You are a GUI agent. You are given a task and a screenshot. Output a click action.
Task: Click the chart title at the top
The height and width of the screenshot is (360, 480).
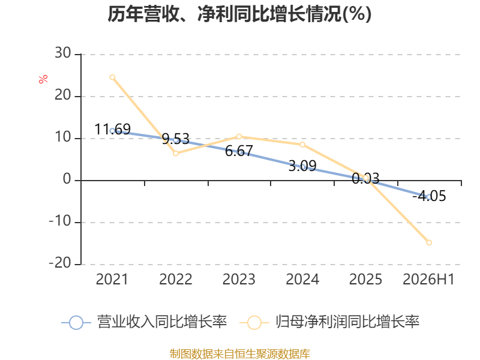(239, 14)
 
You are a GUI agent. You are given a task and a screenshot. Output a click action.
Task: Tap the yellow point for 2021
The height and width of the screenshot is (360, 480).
(112, 77)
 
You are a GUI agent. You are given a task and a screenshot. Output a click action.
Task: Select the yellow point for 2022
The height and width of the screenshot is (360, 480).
(176, 153)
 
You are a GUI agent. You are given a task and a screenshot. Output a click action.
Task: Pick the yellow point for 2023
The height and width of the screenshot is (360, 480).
(239, 137)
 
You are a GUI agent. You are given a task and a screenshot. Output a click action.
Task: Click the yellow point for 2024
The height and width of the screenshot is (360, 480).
(302, 145)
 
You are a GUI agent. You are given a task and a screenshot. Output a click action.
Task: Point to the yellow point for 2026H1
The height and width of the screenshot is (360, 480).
(429, 242)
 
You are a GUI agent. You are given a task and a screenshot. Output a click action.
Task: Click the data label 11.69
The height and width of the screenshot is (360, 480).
(113, 129)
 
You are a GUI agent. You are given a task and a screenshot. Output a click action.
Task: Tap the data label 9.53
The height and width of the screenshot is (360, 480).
(176, 139)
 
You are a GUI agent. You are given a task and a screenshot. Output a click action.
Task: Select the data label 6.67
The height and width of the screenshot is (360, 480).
(239, 151)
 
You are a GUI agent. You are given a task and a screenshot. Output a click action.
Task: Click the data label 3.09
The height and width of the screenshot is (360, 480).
(302, 166)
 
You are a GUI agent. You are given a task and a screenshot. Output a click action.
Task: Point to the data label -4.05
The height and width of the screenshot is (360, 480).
(429, 196)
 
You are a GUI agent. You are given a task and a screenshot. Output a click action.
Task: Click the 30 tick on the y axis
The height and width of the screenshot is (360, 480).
(63, 53)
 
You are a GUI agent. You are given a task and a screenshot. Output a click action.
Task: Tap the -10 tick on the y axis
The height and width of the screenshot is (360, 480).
(60, 221)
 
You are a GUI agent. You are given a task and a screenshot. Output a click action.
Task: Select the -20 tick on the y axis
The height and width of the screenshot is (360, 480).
(60, 263)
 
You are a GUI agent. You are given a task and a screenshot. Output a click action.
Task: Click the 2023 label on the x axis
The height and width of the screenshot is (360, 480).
(239, 279)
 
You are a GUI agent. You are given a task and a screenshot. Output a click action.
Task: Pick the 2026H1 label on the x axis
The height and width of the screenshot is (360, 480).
(428, 279)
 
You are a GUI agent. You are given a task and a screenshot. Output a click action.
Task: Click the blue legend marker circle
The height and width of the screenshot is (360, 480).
(76, 323)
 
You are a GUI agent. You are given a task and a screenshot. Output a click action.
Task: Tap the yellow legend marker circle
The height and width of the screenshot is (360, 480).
(254, 323)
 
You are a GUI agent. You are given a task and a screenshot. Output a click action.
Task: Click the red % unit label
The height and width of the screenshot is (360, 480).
(43, 79)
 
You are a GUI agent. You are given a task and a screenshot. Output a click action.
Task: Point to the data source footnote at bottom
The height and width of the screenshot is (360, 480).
(240, 354)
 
